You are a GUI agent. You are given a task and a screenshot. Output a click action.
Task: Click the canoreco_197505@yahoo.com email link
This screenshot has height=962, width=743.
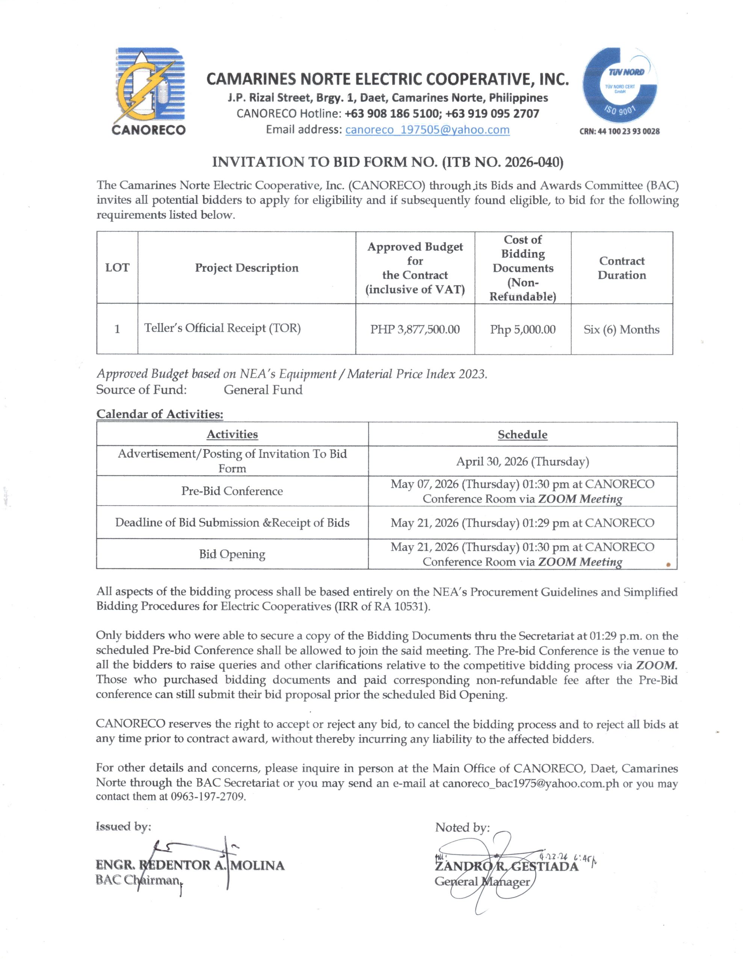coord(427,130)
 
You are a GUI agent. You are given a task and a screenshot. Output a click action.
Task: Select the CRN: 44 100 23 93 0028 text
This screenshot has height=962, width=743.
coord(619,131)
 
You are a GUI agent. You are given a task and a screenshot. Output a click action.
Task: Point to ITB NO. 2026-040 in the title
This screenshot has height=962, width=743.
coord(502,162)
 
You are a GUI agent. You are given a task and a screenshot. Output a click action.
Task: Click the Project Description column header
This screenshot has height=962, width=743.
coord(247,268)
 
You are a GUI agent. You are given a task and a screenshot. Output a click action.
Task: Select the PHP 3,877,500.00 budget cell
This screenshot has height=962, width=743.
coord(415,330)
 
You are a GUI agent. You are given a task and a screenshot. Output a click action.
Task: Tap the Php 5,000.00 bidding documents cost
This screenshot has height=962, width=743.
coord(523,330)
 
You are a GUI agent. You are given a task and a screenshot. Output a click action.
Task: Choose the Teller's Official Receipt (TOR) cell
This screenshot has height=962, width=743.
coord(222,328)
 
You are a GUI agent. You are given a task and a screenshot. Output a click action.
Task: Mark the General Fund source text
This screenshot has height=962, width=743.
coord(263,390)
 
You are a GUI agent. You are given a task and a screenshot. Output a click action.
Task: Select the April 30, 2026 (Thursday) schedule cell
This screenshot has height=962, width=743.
coord(523,461)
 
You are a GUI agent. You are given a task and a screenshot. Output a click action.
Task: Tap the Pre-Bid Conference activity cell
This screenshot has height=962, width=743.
coord(232,491)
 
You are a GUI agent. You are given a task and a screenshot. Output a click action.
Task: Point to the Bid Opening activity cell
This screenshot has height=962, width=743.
coord(232,554)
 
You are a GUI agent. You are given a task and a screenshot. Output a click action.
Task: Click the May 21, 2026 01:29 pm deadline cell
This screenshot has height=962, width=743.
coord(523,523)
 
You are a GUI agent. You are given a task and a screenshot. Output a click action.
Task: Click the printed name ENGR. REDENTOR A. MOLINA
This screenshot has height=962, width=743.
coord(190,865)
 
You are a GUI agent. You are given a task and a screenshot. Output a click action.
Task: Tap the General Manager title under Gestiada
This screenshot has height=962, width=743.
coord(482,881)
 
